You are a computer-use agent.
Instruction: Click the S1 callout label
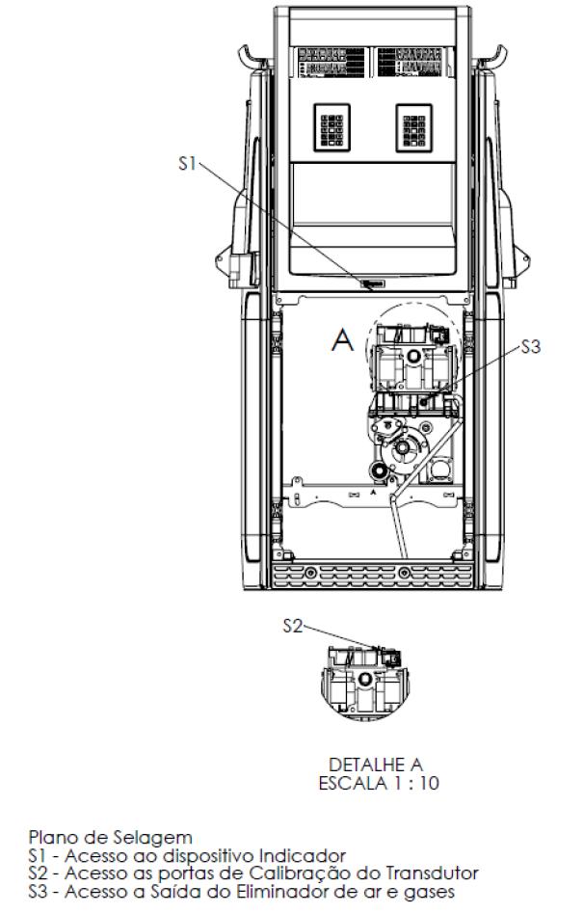point(187,164)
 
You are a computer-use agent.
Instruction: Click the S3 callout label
point(530,346)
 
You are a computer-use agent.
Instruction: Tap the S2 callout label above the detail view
point(293,626)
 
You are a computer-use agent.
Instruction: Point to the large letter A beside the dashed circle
point(342,339)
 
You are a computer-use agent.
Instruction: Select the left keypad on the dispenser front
point(332,127)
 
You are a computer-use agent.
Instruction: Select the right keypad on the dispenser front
point(414,127)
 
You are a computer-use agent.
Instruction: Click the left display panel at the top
point(332,63)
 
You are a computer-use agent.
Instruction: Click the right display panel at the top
point(411,63)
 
